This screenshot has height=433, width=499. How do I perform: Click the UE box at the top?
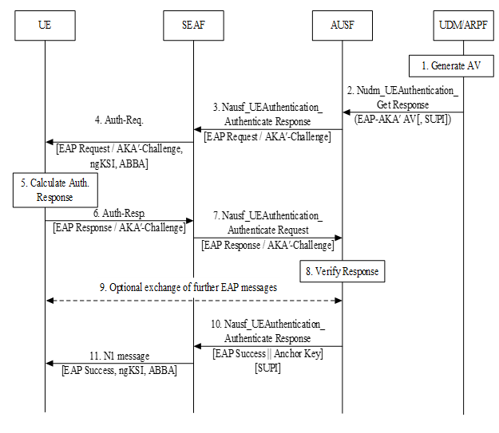[45, 26]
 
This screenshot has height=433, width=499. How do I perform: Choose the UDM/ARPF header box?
[464, 26]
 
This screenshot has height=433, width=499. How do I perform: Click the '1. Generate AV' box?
[452, 65]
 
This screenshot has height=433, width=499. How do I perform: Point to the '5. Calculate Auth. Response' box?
[55, 190]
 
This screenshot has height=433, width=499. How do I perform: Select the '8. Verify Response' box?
[343, 272]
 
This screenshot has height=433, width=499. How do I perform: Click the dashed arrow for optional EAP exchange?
[193, 301]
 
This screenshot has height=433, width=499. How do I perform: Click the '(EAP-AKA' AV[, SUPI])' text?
[403, 119]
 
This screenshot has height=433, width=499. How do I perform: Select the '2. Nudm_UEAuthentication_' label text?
[403, 92]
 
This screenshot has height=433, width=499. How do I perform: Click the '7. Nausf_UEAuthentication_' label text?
[268, 215]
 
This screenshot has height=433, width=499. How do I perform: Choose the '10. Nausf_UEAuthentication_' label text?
[268, 325]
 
